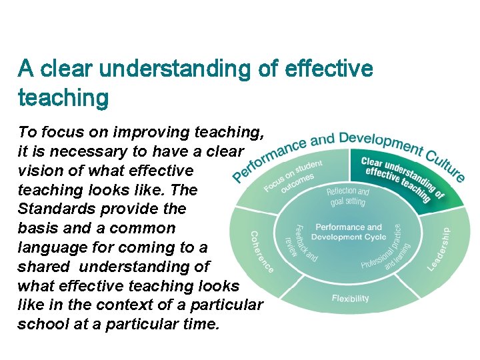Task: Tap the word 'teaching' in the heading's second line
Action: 63,98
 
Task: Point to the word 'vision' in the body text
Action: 40,171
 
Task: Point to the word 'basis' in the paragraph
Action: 37,228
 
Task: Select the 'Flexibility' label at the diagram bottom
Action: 350,298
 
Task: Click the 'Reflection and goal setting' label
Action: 347,197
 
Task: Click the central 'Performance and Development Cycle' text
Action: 348,232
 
